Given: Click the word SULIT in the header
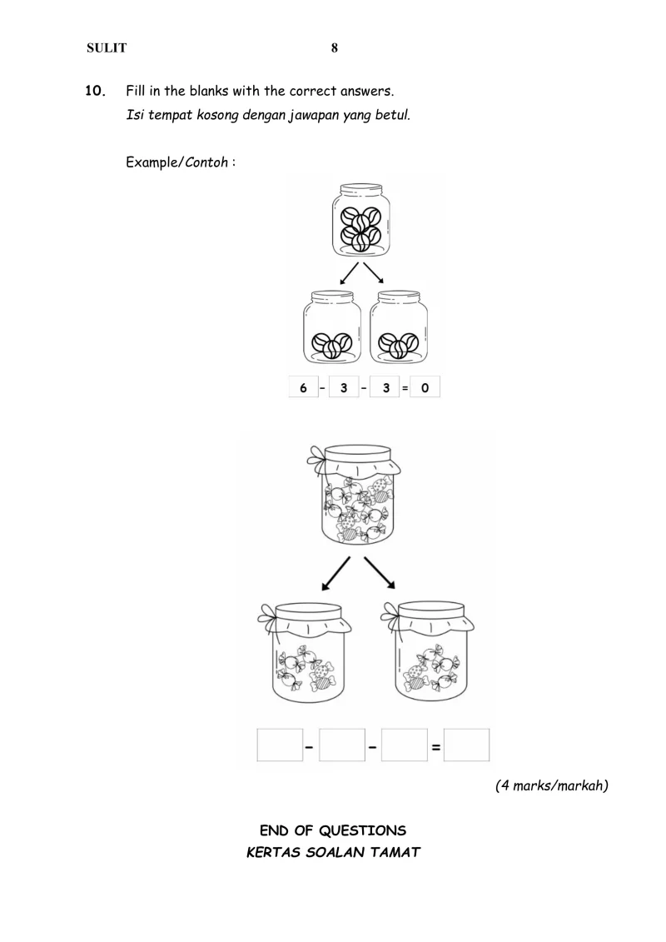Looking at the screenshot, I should click(107, 48).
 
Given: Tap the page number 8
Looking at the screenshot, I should click(334, 48).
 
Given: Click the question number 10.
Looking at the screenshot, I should click(96, 90).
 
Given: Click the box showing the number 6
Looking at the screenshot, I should click(303, 388).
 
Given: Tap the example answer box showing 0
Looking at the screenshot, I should click(425, 388).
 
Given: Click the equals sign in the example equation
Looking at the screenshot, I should click(404, 388).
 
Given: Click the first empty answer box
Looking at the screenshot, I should click(280, 745).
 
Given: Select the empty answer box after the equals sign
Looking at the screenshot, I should click(466, 745).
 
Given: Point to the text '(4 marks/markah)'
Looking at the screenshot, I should click(551, 785).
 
